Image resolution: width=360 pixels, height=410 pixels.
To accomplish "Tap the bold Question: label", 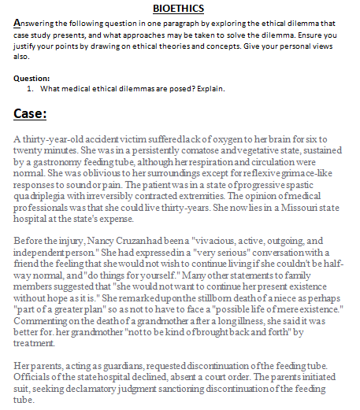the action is point(32,79).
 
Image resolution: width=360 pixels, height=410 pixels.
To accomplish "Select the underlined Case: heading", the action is point(31,114).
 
